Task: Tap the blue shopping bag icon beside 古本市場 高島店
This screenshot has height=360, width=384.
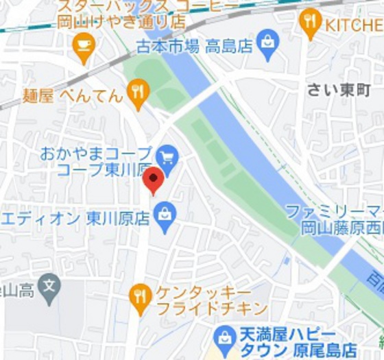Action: (x=266, y=46)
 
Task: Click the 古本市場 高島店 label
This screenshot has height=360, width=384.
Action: (x=193, y=47)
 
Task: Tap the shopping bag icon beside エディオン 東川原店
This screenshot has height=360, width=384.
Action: (x=165, y=218)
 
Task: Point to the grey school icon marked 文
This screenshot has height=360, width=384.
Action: (x=49, y=290)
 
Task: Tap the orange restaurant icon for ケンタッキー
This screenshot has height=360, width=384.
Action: (x=140, y=298)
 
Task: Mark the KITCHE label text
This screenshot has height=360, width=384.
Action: (x=353, y=26)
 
